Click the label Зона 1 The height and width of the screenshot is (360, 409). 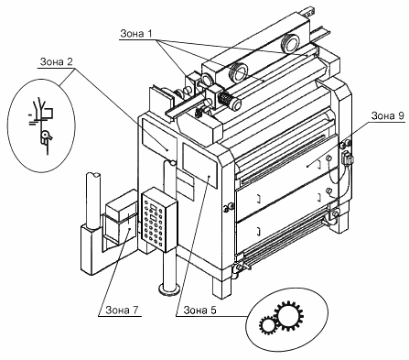click(136, 33)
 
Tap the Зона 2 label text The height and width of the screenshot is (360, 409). click(57, 62)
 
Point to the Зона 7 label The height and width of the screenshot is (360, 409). click(122, 310)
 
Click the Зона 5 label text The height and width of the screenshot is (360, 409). click(199, 311)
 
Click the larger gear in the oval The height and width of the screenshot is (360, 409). click(289, 316)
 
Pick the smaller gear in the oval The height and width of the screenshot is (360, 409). click(268, 325)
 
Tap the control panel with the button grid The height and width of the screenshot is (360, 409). click(159, 219)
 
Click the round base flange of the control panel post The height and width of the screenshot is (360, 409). click(168, 289)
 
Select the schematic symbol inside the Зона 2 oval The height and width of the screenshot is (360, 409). click(42, 125)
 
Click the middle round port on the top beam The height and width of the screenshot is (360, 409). click(238, 73)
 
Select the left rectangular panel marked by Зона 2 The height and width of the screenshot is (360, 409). click(159, 136)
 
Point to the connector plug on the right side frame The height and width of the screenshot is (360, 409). click(347, 157)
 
